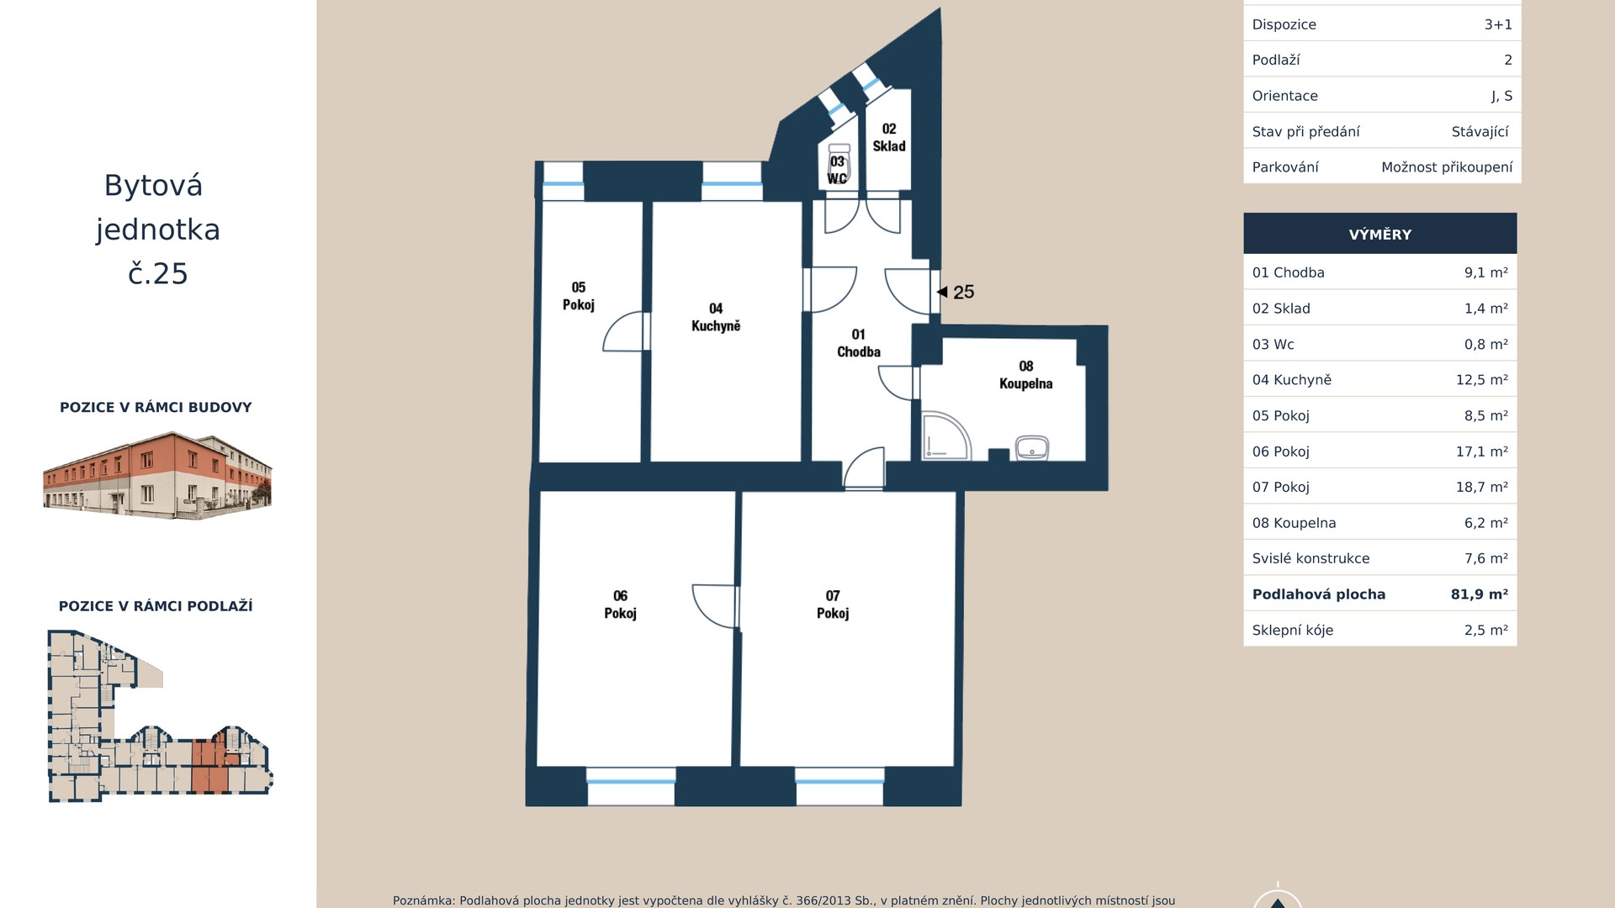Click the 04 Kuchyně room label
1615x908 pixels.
coord(716,317)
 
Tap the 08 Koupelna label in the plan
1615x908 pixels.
coord(1025,375)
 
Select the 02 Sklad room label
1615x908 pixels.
coord(889,137)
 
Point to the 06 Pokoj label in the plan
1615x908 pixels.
coord(620,604)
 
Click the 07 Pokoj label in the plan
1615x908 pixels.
coord(833,604)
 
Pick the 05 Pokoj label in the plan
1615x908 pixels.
coord(579,296)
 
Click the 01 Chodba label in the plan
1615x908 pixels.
coord(859,343)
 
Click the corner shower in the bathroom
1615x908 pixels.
coord(946,436)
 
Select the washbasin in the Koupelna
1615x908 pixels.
coord(1032,447)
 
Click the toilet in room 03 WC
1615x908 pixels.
coord(838,163)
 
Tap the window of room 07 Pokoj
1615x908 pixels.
coord(839,782)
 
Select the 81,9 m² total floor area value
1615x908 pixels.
coord(1479,594)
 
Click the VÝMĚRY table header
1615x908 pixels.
coord(1380,235)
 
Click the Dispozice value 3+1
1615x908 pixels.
coord(1498,24)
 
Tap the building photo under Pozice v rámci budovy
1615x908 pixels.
coord(157,475)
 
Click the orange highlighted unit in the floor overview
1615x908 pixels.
coord(209,767)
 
